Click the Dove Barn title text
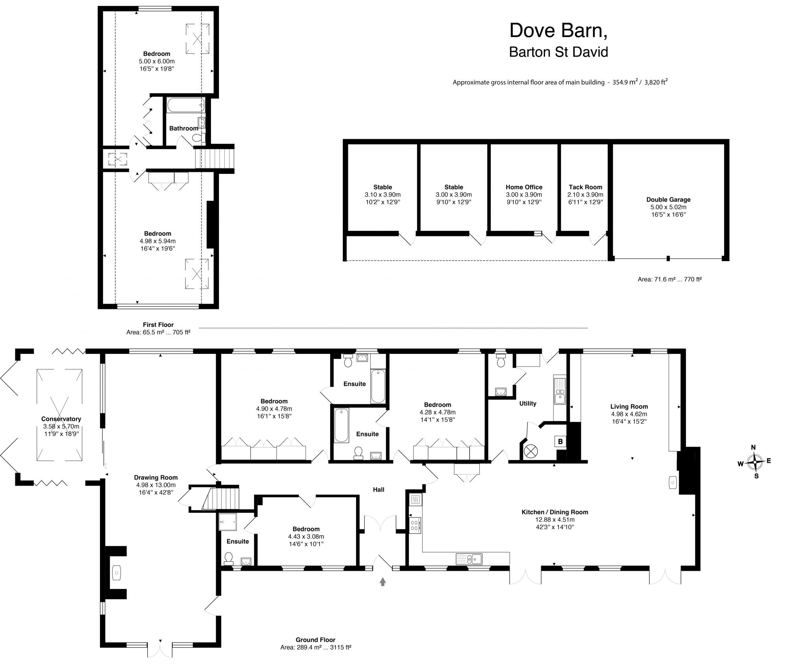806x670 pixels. [558, 31]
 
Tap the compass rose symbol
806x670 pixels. [754, 462]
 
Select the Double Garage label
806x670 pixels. [668, 200]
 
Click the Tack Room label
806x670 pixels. [585, 187]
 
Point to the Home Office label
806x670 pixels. [524, 187]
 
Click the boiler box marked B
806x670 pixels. [560, 442]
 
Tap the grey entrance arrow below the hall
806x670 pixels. [383, 582]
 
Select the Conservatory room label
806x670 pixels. [61, 419]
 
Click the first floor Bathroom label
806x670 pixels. [183, 129]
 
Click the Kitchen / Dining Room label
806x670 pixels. [555, 512]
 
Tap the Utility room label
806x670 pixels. [527, 403]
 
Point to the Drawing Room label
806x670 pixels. [156, 478]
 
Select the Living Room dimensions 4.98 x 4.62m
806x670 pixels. [629, 414]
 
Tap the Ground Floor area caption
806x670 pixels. [315, 643]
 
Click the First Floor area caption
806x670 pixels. [158, 328]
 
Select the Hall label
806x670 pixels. [379, 490]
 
